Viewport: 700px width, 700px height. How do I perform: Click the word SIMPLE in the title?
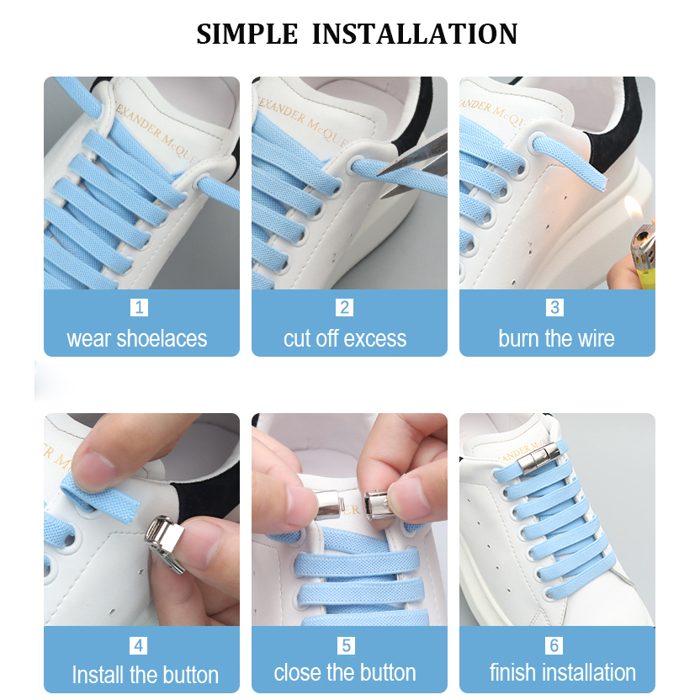[x=247, y=34]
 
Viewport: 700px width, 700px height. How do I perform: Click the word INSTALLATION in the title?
[x=415, y=34]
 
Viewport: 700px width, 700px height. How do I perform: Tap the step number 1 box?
[x=139, y=307]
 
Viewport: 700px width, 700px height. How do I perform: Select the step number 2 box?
[x=344, y=307]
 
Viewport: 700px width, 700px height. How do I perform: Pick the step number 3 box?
[x=554, y=307]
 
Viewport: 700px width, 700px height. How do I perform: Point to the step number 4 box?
[x=138, y=645]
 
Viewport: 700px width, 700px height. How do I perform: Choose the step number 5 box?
[x=346, y=645]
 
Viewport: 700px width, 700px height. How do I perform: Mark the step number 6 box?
[x=554, y=645]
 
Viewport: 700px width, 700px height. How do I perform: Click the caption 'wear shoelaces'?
[x=137, y=338]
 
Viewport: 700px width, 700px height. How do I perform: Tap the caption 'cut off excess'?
[x=345, y=338]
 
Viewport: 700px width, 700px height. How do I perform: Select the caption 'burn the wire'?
[x=557, y=338]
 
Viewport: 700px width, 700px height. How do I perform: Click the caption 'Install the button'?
[x=145, y=675]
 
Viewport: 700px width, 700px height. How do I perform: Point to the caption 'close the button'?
[x=345, y=672]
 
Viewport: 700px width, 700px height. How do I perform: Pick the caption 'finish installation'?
[x=563, y=672]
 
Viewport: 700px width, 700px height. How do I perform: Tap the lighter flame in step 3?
[x=634, y=209]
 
